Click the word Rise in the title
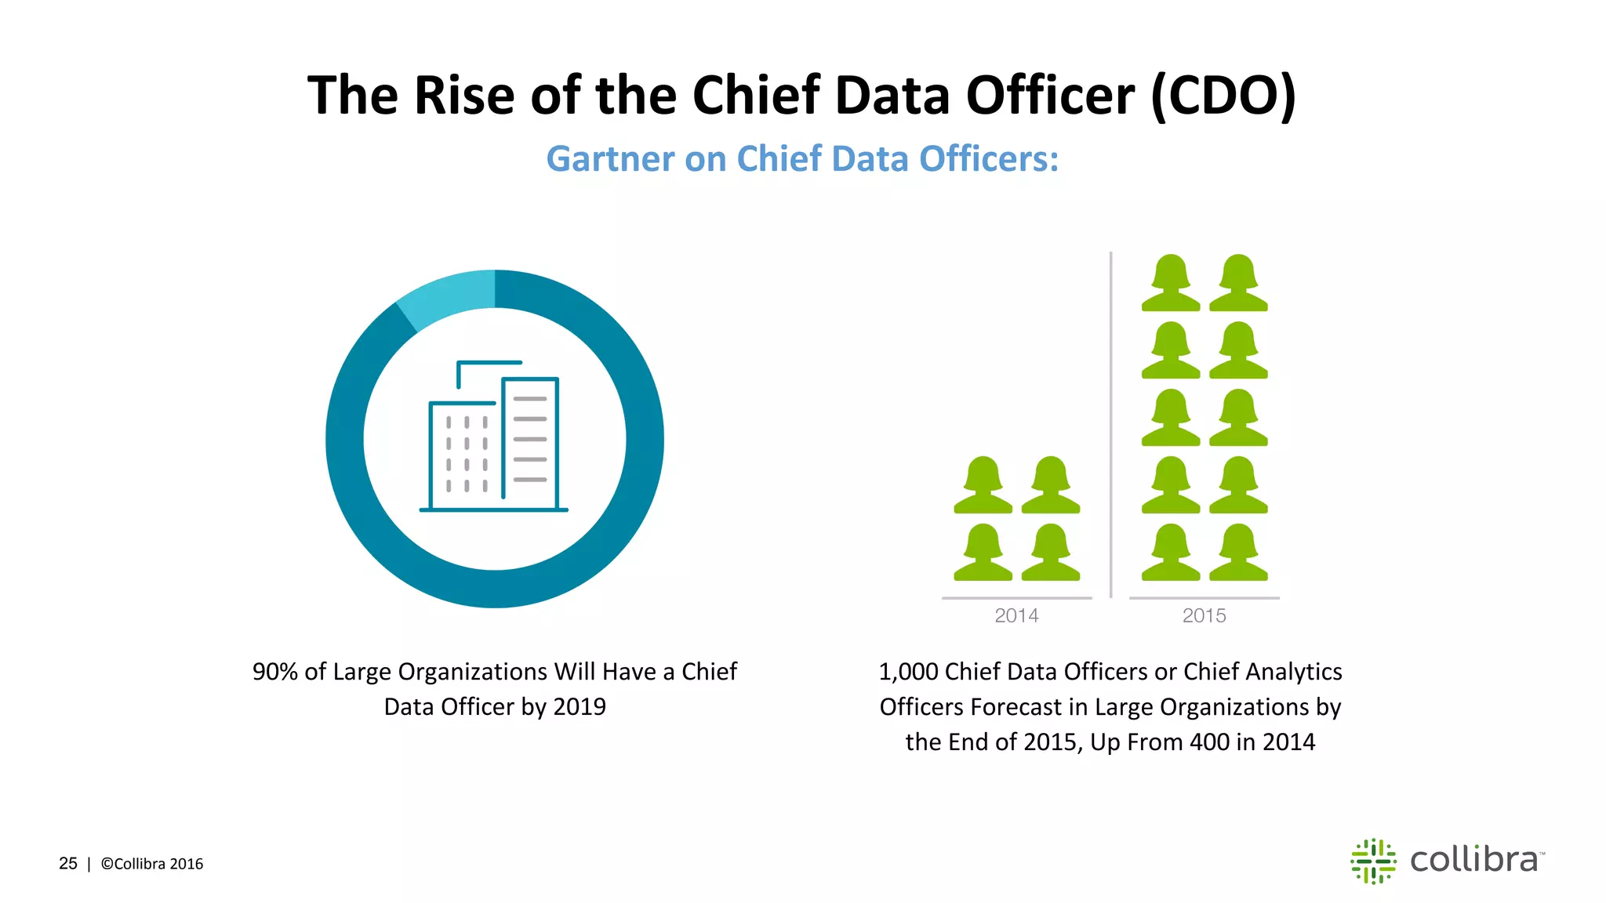[463, 96]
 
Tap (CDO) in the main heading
[1223, 96]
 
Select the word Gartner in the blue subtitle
[609, 159]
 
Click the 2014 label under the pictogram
[1016, 616]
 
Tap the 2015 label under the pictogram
[1204, 616]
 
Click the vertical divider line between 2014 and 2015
[1110, 423]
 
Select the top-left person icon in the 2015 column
[1170, 283]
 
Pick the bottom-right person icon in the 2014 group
[1051, 553]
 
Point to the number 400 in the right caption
[1209, 742]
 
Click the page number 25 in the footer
[68, 864]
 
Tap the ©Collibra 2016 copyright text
[152, 864]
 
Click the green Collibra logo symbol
[1373, 861]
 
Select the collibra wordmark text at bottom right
[1474, 860]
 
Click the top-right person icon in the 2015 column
[1238, 283]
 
